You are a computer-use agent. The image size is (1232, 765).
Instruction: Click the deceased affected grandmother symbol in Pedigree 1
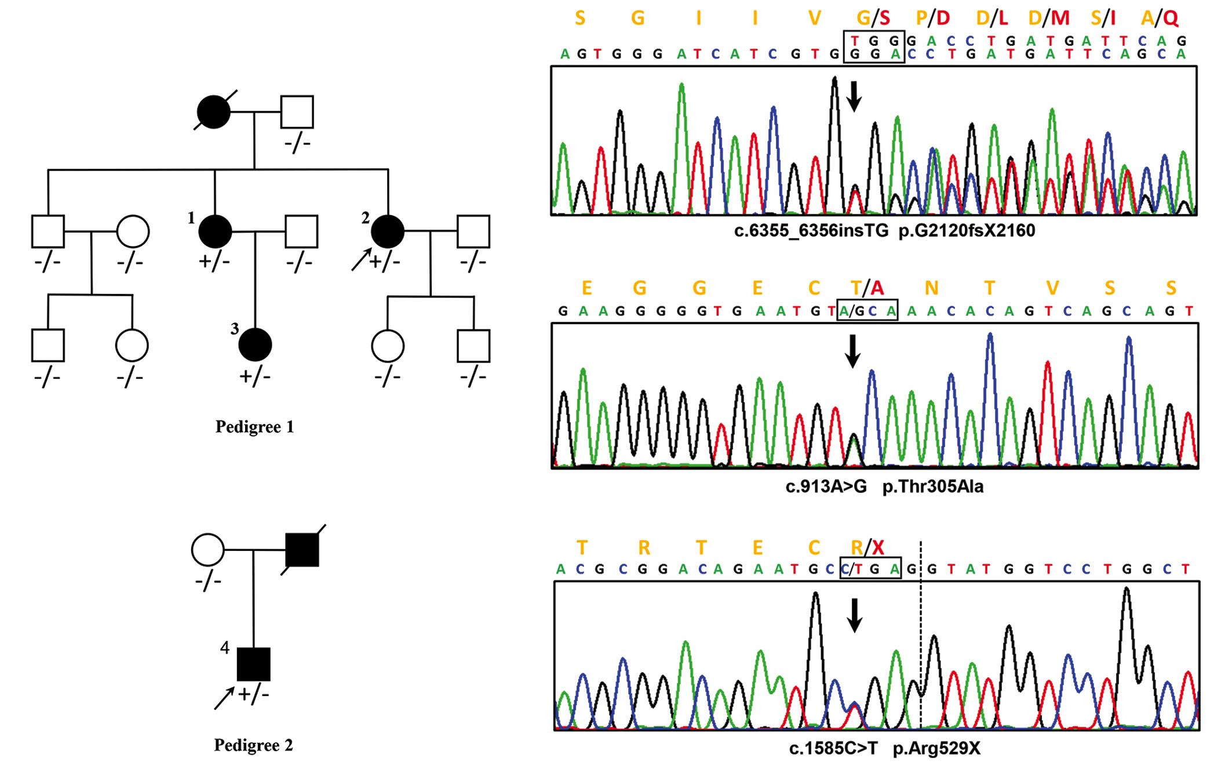[213, 112]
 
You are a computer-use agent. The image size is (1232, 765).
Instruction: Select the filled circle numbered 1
[215, 231]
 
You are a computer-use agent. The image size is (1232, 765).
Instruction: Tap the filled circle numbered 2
[387, 231]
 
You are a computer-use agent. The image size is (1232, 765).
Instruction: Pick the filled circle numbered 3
[255, 345]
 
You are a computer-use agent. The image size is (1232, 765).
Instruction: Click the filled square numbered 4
[254, 664]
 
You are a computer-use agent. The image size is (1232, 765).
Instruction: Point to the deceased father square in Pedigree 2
[302, 550]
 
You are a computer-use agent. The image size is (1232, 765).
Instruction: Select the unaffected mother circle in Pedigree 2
[208, 550]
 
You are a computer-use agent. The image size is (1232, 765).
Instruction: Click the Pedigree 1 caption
[254, 427]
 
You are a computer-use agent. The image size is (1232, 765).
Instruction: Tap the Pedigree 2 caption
[253, 745]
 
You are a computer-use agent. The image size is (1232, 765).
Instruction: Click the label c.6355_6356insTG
[811, 231]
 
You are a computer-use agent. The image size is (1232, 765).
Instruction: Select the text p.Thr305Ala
[932, 486]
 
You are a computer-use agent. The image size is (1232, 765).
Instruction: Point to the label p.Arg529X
[936, 748]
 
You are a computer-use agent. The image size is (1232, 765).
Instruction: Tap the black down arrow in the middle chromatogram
[852, 351]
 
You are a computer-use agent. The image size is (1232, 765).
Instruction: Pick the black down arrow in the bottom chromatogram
[855, 615]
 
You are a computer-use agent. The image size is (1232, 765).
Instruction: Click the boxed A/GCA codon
[867, 311]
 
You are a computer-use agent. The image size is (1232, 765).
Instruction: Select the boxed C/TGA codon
[870, 569]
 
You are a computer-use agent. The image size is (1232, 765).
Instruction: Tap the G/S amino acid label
[873, 18]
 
